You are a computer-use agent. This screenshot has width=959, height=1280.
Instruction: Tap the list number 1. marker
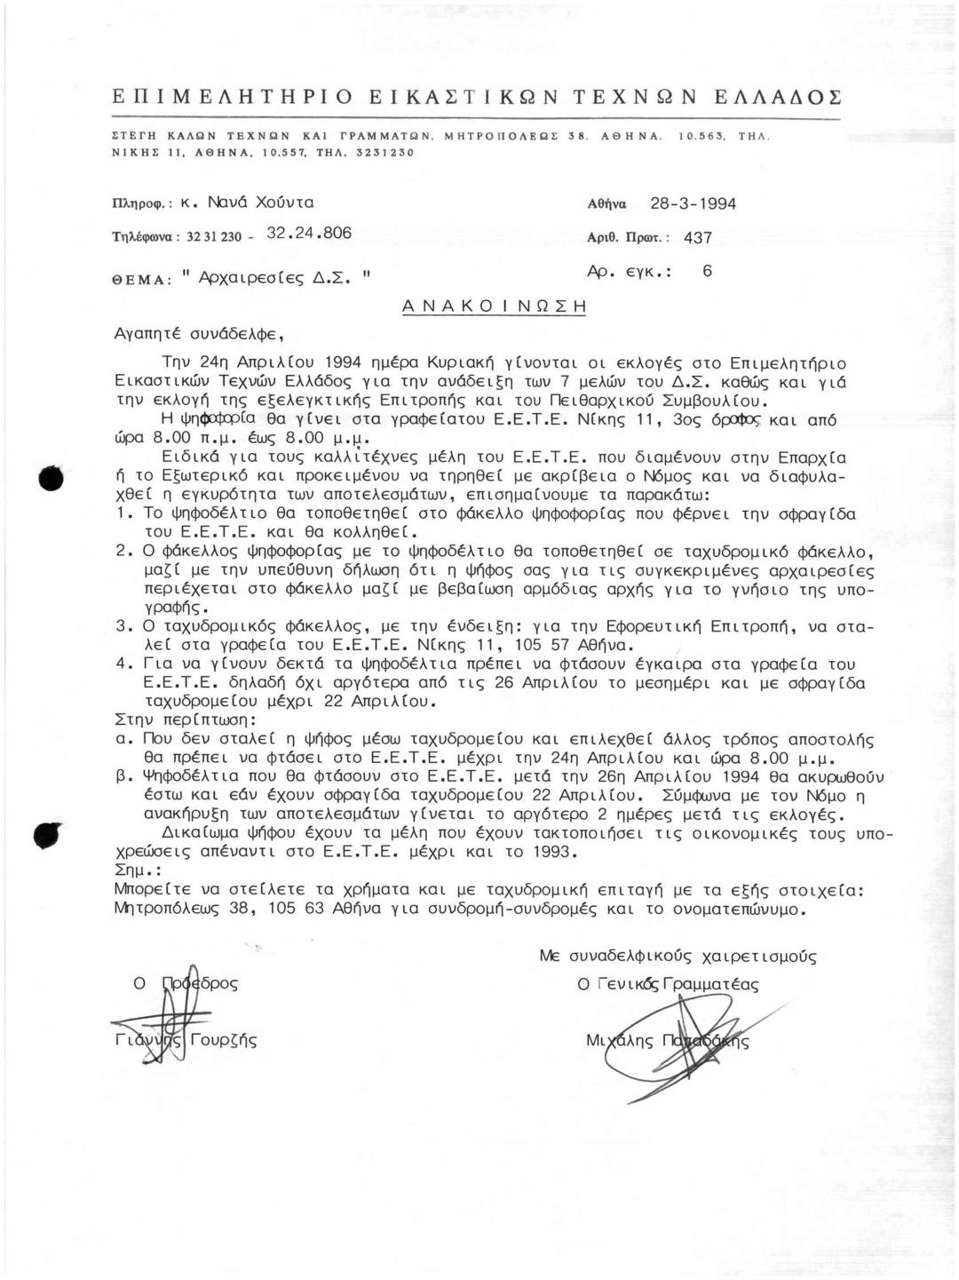tap(124, 513)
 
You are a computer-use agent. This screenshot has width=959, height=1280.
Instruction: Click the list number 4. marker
tap(124, 664)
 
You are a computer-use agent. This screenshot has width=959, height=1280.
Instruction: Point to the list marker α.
tap(123, 738)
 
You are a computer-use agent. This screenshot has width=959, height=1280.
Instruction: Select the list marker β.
tap(123, 775)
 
